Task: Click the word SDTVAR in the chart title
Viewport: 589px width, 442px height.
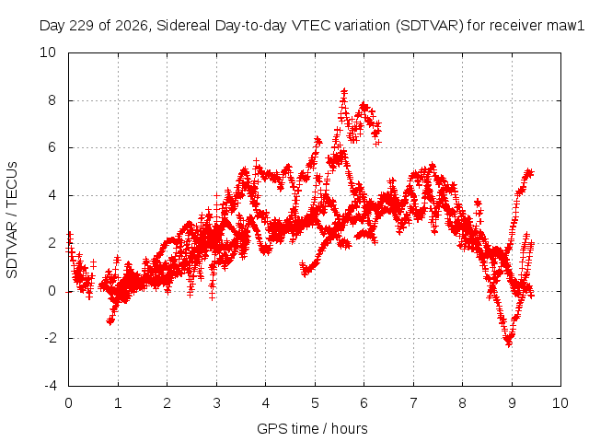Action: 429,26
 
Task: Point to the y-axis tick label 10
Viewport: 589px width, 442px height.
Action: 48,52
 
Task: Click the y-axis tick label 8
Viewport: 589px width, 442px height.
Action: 52,100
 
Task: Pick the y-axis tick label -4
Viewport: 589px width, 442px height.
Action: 50,386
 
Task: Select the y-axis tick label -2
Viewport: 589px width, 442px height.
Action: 50,338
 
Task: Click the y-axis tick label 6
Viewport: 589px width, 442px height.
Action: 52,147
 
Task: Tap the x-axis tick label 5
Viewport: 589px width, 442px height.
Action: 315,403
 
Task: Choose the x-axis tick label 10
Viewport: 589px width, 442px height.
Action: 560,403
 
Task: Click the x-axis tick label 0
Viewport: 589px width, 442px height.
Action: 68,403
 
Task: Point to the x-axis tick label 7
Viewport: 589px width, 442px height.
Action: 413,403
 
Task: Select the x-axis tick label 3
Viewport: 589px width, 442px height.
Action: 217,403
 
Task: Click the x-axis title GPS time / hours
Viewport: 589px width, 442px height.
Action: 312,428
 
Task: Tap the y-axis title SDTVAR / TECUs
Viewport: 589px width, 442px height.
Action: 12,220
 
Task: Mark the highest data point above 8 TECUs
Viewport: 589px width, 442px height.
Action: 344,91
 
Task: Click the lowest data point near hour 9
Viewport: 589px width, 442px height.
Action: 509,343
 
